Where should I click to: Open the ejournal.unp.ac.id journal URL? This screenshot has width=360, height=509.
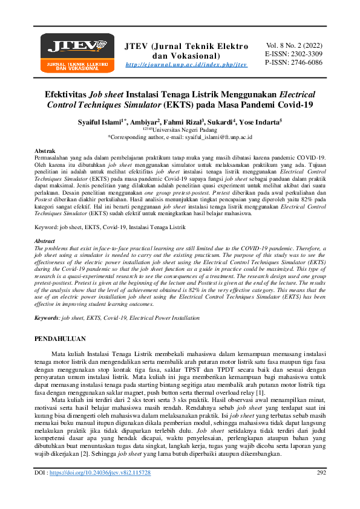tap(186, 65)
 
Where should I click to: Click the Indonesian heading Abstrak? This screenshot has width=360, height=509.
tap(47, 149)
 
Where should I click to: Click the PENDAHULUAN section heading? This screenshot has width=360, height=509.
tap(60, 339)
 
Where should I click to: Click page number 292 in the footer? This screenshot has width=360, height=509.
tap(321, 489)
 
